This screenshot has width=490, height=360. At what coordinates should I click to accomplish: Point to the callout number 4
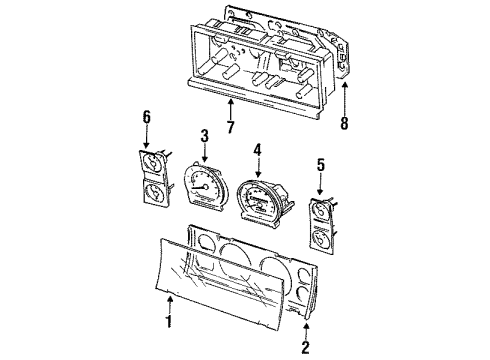(x=257, y=152)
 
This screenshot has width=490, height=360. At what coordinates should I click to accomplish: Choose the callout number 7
(x=230, y=126)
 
